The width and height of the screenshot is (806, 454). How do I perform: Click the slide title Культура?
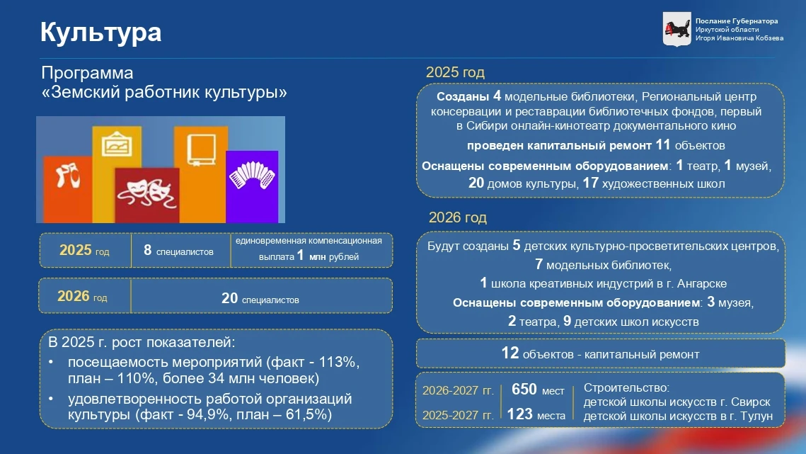(100, 33)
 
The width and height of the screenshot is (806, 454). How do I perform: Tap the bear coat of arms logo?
(677, 29)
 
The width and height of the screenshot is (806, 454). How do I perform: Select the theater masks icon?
(147, 192)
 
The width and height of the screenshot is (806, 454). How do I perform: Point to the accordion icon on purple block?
(252, 175)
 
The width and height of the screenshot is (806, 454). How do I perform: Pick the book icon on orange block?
(201, 149)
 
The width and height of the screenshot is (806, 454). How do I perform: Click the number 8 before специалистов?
(147, 250)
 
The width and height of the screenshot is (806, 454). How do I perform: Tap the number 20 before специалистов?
(229, 298)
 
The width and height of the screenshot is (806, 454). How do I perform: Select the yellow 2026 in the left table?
(74, 296)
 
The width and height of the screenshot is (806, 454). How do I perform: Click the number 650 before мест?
(524, 389)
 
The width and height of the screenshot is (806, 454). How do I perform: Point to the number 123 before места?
(519, 414)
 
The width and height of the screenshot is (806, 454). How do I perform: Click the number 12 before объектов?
(510, 353)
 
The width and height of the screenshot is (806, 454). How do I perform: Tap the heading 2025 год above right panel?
(455, 72)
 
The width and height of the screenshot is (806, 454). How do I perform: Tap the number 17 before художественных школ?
(591, 183)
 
